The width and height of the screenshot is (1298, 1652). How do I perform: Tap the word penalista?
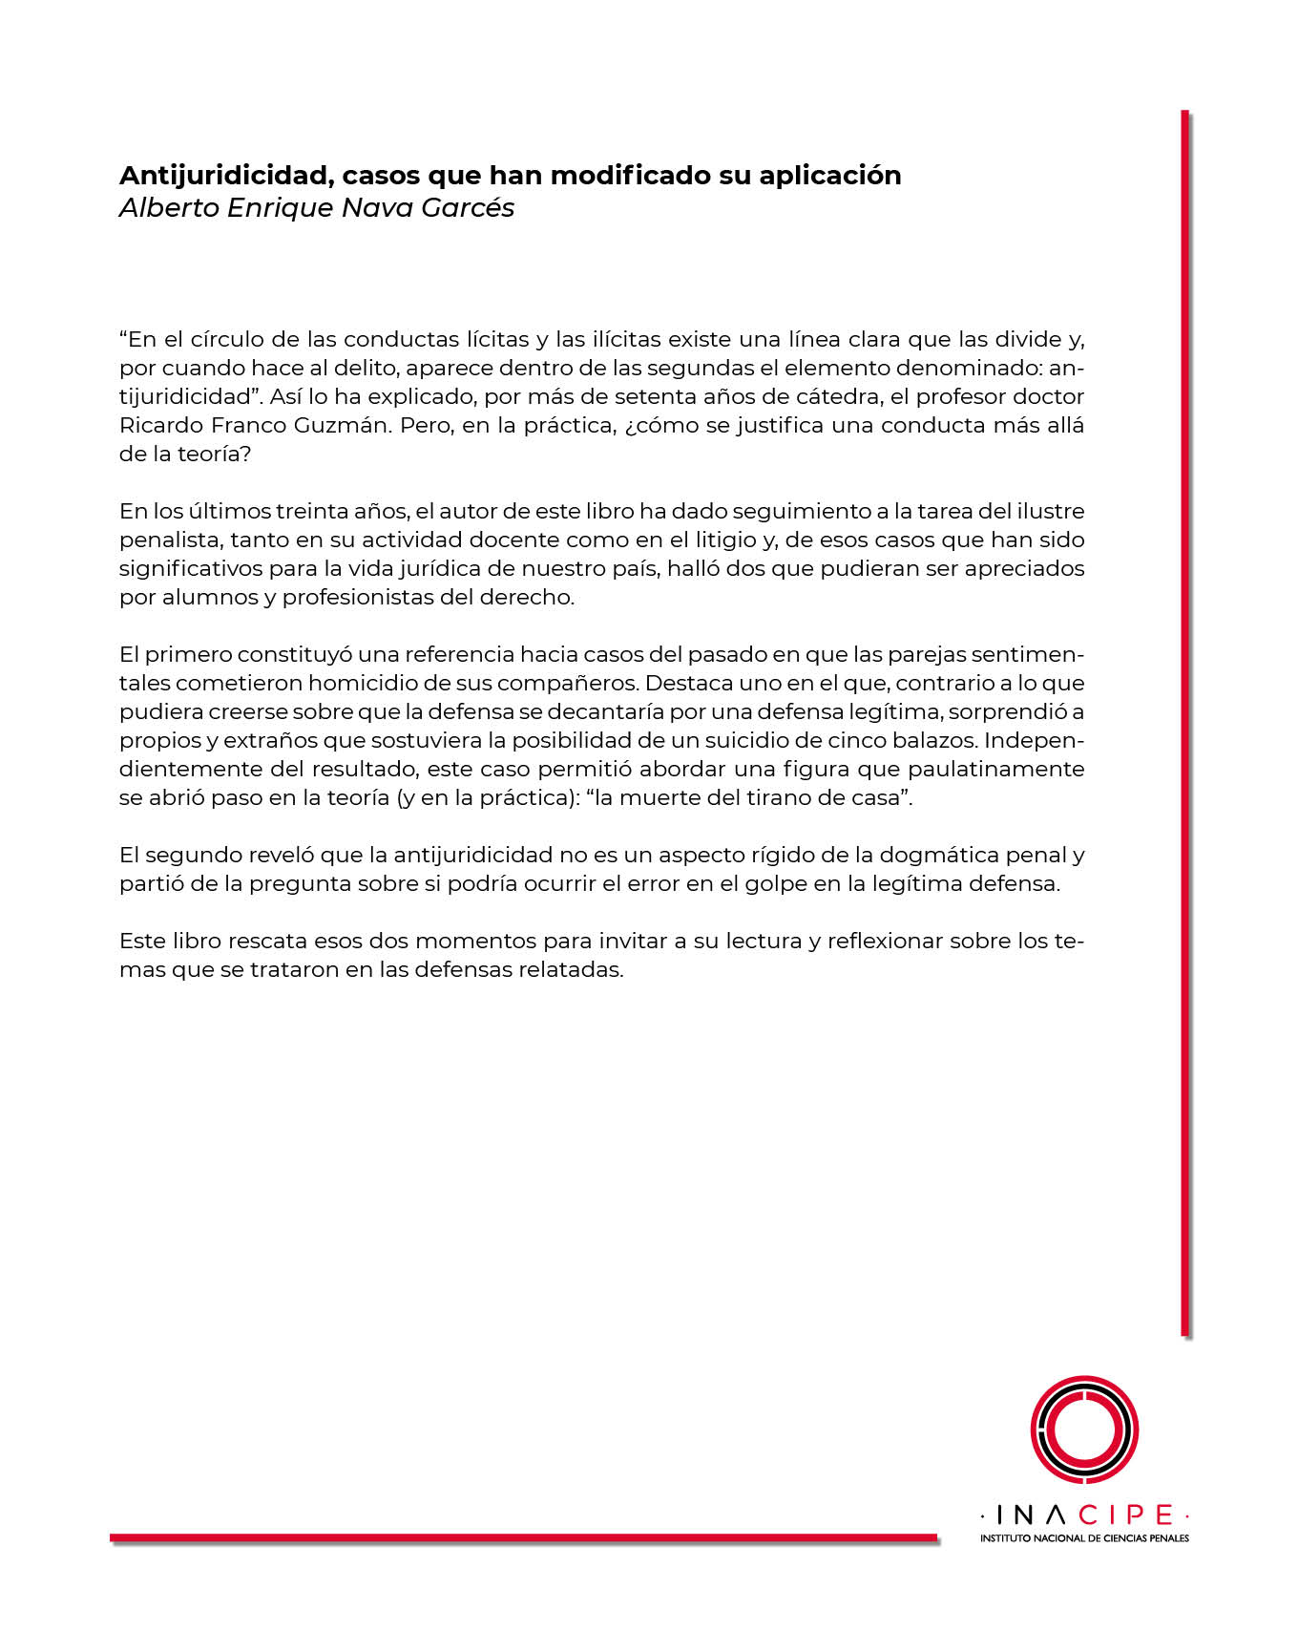[169, 540]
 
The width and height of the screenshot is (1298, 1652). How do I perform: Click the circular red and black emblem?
[1084, 1430]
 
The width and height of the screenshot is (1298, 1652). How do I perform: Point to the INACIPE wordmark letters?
[1084, 1515]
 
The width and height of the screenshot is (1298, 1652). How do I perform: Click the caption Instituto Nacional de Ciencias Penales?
[1084, 1538]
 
